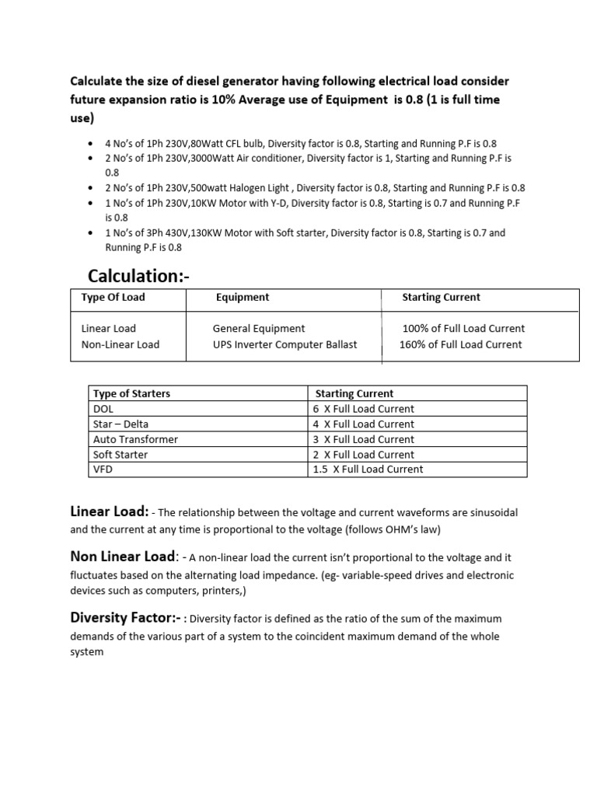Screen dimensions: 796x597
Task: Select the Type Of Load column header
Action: [x=113, y=297]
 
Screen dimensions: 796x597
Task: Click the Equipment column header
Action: [x=243, y=297]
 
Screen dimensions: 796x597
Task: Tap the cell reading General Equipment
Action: [x=259, y=329]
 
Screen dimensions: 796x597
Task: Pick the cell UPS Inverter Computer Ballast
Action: [x=285, y=344]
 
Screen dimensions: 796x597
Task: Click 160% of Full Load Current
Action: [x=461, y=344]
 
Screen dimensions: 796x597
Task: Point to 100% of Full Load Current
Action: [x=463, y=329]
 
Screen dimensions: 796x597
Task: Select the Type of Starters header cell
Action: [x=131, y=393]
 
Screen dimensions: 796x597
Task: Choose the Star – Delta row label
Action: [x=120, y=424]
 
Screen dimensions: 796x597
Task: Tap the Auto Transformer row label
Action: [x=135, y=439]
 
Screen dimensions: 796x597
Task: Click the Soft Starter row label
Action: [x=120, y=455]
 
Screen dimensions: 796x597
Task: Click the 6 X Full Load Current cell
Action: [x=364, y=409]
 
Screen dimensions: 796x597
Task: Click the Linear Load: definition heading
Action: [x=110, y=512]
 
